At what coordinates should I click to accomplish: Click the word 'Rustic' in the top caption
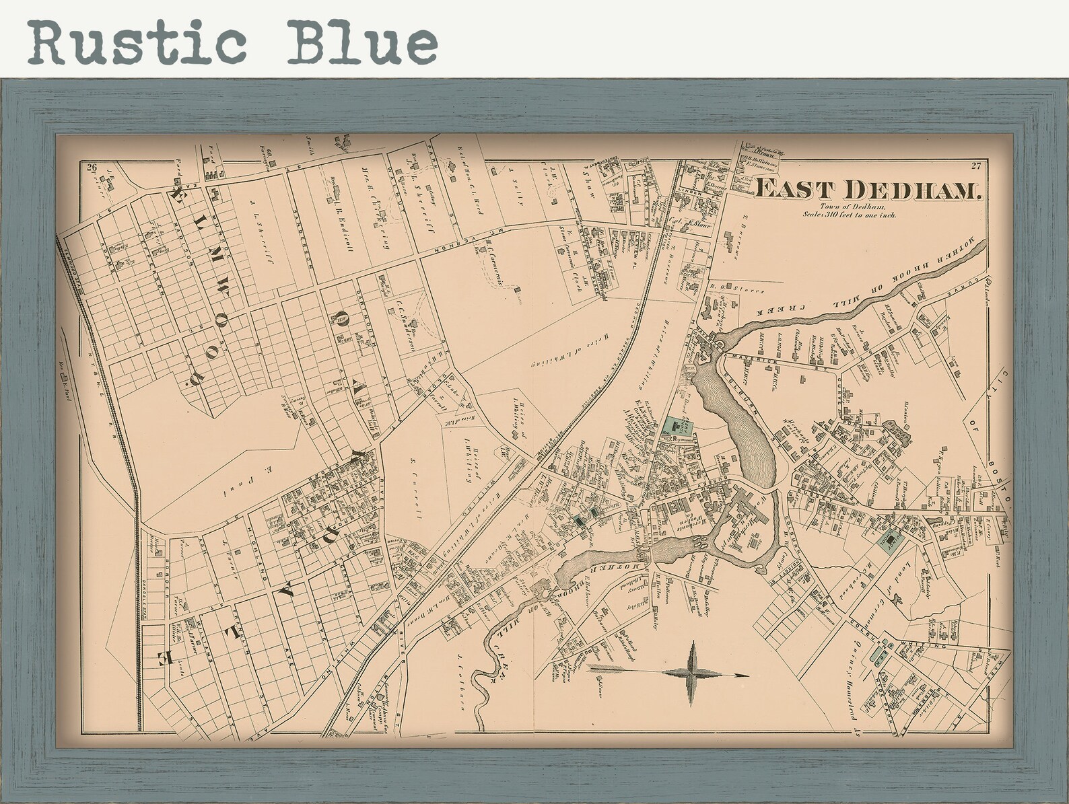click(135, 42)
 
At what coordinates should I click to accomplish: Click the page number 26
click(91, 168)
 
